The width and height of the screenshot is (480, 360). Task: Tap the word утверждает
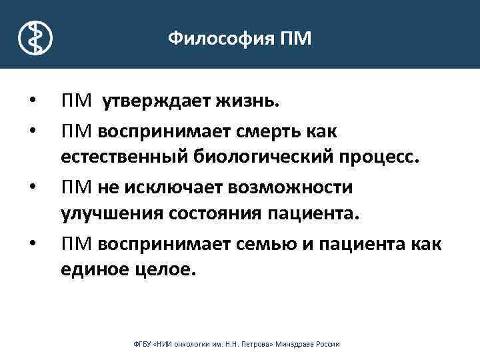click(154, 102)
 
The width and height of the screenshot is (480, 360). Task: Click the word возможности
click(295, 187)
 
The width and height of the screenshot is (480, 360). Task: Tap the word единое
click(97, 269)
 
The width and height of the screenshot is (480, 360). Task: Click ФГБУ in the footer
click(143, 345)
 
